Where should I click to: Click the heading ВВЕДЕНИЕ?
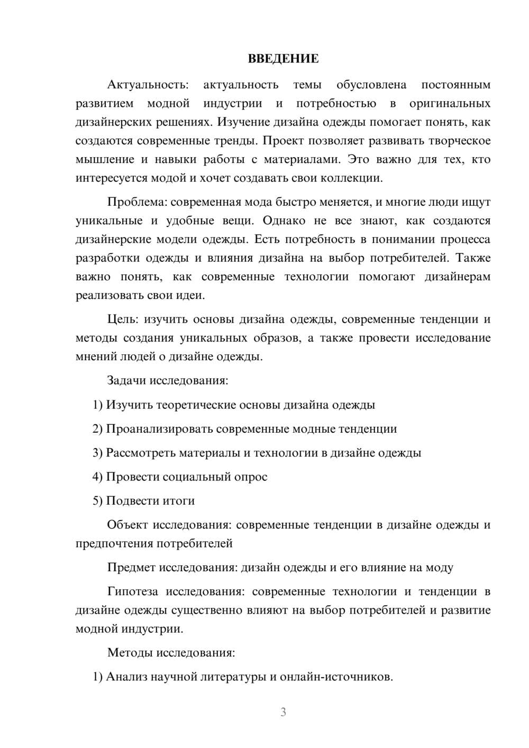tap(283, 59)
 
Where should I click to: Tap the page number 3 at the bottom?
tap(283, 712)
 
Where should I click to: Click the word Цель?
tap(123, 319)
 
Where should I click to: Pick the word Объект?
tap(127, 525)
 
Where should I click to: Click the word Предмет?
tap(131, 568)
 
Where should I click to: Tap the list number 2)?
tap(97, 429)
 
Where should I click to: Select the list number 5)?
tap(97, 501)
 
